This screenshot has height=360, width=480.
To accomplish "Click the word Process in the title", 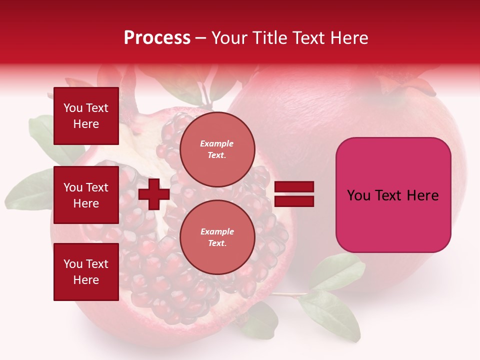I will pos(157,38).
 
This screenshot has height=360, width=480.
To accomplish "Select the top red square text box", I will pos(86,116).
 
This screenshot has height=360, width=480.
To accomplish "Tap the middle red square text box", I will pos(86,195).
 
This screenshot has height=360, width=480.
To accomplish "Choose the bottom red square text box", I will pos(86,271).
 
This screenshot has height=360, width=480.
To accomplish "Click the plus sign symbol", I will pos(154,194).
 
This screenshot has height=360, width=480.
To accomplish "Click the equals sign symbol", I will pos(294,194).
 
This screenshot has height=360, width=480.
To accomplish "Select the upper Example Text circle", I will pos(217,149).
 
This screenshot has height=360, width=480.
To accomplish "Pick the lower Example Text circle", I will pos(217,237).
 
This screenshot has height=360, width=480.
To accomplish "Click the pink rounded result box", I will pos(393,195).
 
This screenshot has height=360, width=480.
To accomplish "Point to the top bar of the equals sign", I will pos(294,187).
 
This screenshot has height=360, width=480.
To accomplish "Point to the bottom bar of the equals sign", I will pos(294,201).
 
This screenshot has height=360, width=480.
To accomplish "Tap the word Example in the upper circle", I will pos(217,143).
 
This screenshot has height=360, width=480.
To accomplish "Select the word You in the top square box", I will pos(73,108).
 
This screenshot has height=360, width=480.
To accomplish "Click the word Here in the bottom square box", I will pos(86,280).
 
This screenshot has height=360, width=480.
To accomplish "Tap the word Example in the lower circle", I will pos(217,231).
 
